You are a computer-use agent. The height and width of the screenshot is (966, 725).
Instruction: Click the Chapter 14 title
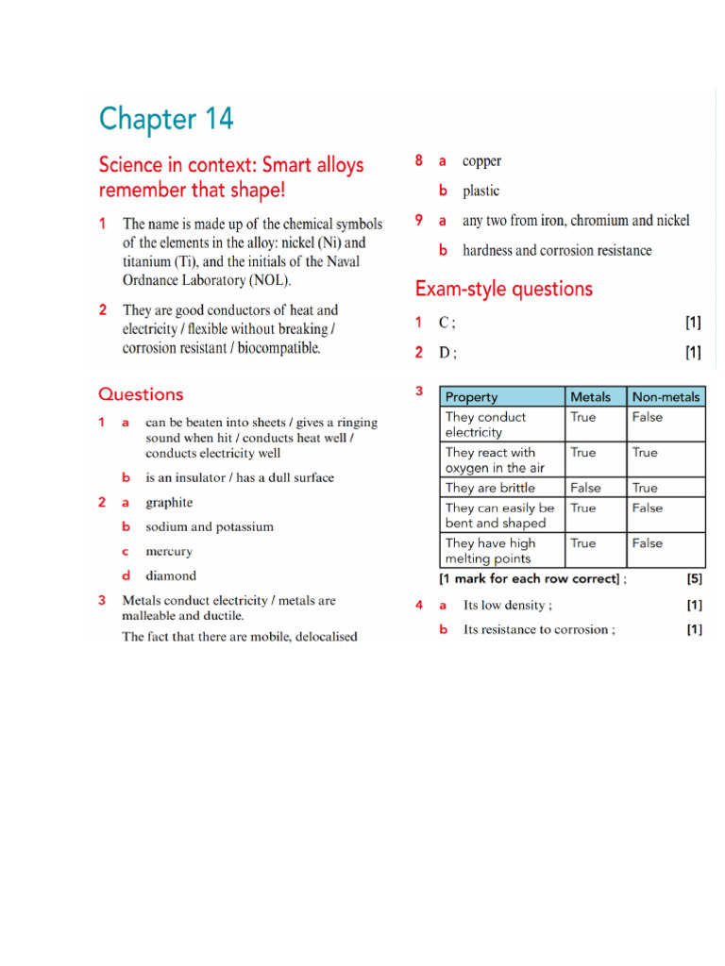tap(166, 120)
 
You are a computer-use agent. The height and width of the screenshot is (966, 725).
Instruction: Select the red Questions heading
tap(141, 394)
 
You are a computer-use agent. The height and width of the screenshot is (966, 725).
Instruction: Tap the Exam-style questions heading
tap(504, 289)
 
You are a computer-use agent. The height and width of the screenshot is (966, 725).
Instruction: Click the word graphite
tap(169, 503)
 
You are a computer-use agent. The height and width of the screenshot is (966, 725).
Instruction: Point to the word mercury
tap(169, 552)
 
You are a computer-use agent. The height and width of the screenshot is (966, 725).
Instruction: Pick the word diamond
tap(171, 575)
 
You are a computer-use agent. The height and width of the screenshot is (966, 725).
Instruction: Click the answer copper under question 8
tap(481, 161)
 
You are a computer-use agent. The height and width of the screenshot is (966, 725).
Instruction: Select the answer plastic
tap(481, 191)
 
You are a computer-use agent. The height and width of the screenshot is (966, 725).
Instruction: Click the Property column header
tap(471, 397)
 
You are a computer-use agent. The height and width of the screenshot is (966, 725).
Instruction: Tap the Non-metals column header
tap(666, 397)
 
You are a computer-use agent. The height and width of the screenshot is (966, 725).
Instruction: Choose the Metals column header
tap(591, 397)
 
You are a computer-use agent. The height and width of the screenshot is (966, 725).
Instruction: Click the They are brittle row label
tap(490, 488)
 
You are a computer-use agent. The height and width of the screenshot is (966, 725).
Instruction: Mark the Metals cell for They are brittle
tap(584, 488)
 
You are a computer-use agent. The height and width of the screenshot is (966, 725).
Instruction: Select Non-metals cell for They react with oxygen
tap(646, 453)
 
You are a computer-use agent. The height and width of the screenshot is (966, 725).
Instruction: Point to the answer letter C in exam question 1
tap(446, 323)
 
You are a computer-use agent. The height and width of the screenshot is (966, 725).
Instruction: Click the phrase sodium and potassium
tap(210, 527)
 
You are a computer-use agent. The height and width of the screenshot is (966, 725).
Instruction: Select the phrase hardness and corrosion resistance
tap(557, 251)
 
